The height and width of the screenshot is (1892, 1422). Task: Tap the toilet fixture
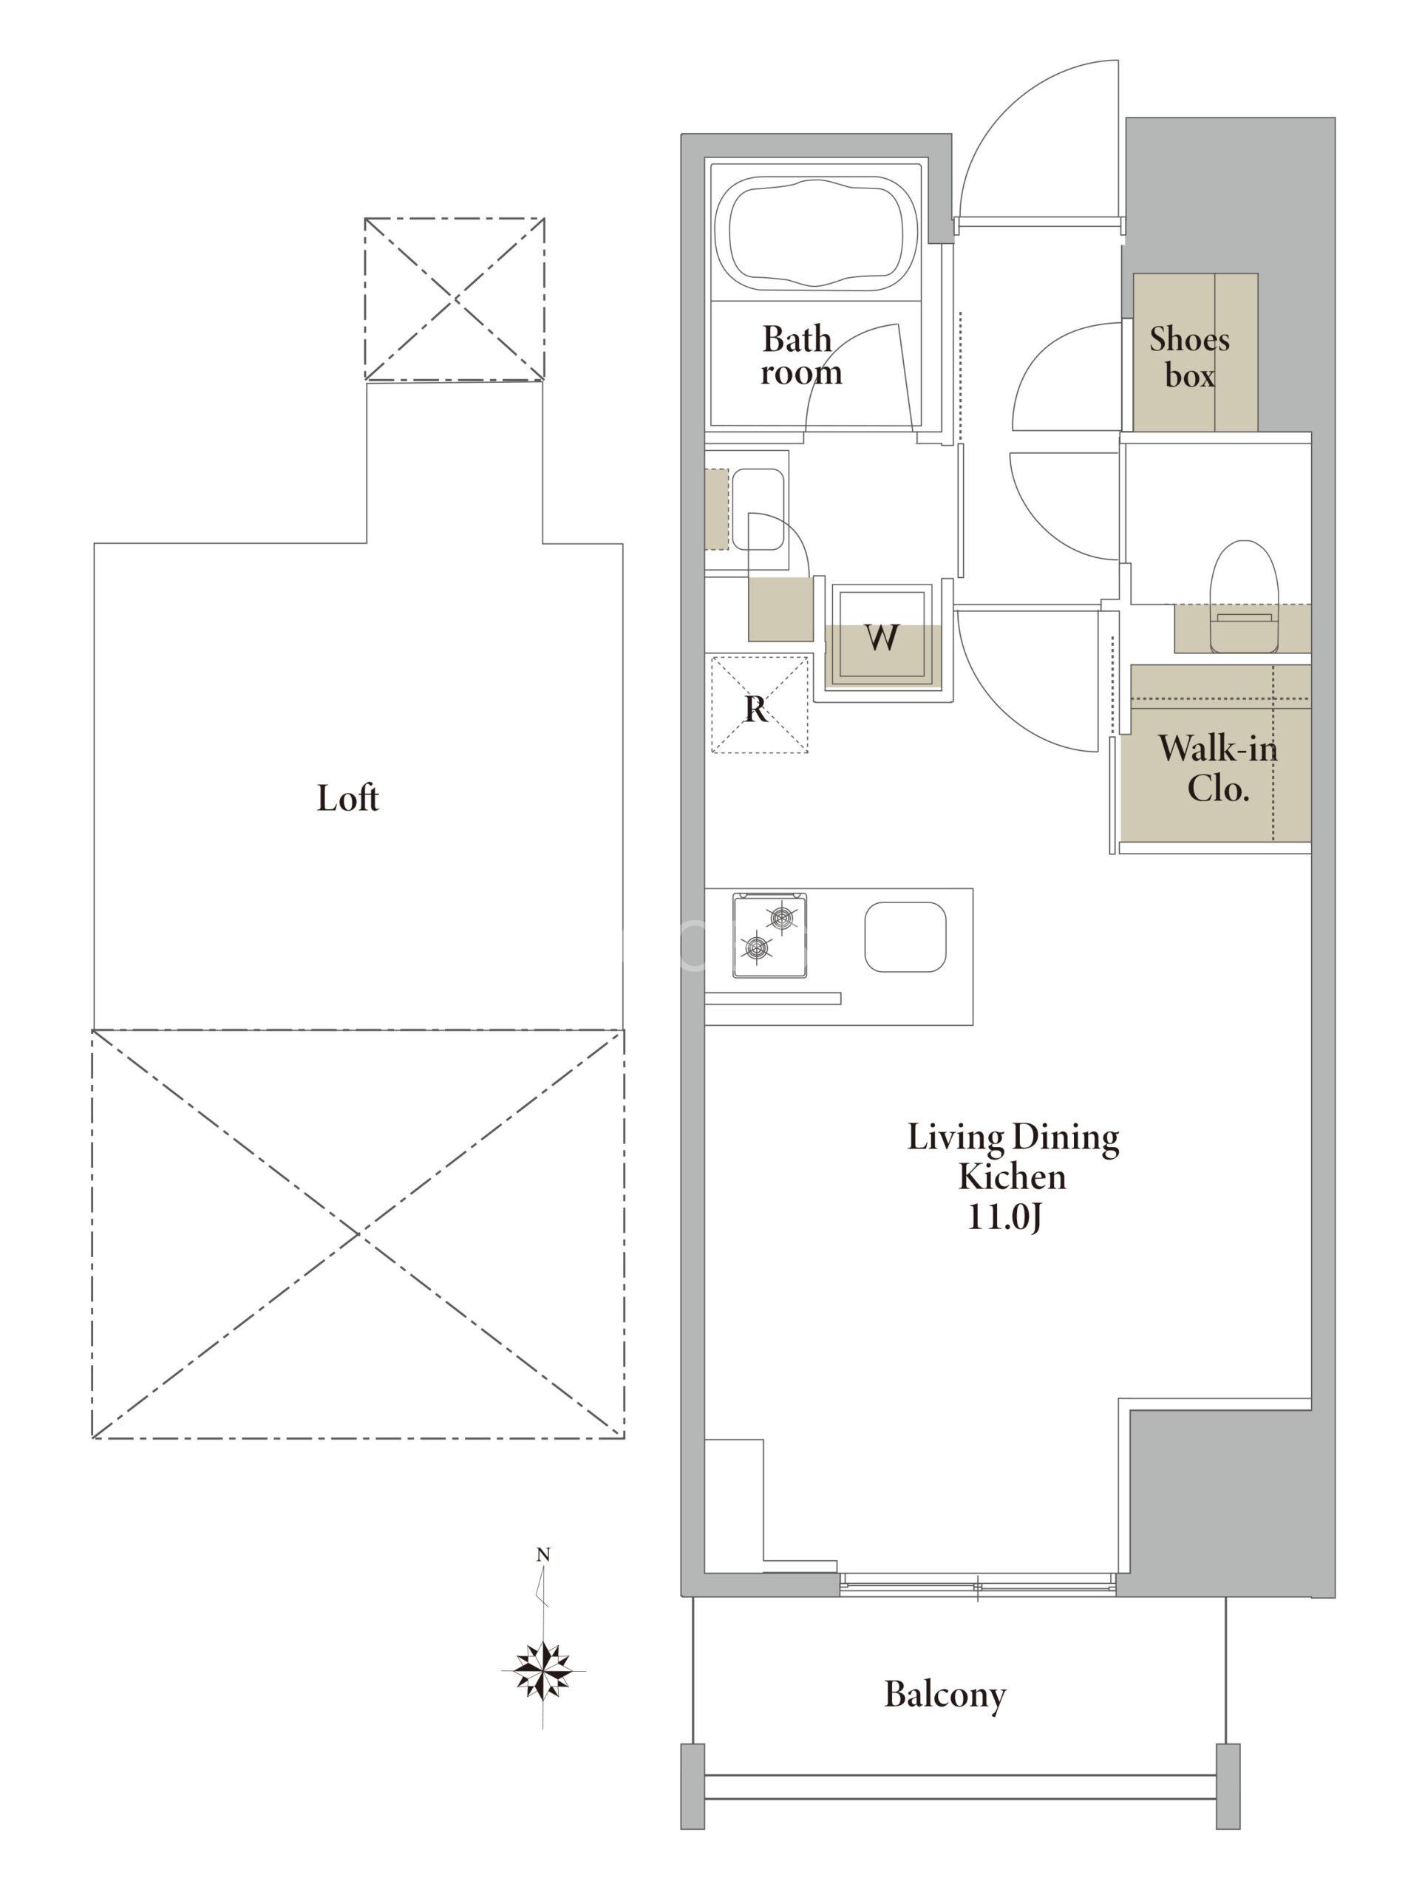tap(1242, 596)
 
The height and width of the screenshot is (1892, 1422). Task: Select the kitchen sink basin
tap(905, 937)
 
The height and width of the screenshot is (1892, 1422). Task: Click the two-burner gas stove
tap(769, 934)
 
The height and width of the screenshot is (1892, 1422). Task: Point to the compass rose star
tap(543, 1669)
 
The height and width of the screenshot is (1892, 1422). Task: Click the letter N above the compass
tap(543, 1556)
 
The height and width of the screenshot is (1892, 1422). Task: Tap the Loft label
tap(347, 799)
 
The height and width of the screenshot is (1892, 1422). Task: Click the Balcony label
tap(945, 1695)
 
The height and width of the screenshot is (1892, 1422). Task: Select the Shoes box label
tap(1189, 357)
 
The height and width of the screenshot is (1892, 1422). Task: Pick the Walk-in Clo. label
tap(1218, 768)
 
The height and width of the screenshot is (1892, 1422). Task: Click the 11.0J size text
tap(1004, 1216)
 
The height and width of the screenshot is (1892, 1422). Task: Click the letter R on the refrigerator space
tap(755, 709)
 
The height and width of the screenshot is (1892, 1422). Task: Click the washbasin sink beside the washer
tap(758, 509)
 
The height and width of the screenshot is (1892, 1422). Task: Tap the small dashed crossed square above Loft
tap(455, 299)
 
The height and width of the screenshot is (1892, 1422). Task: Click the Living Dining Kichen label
tap(1013, 1157)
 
